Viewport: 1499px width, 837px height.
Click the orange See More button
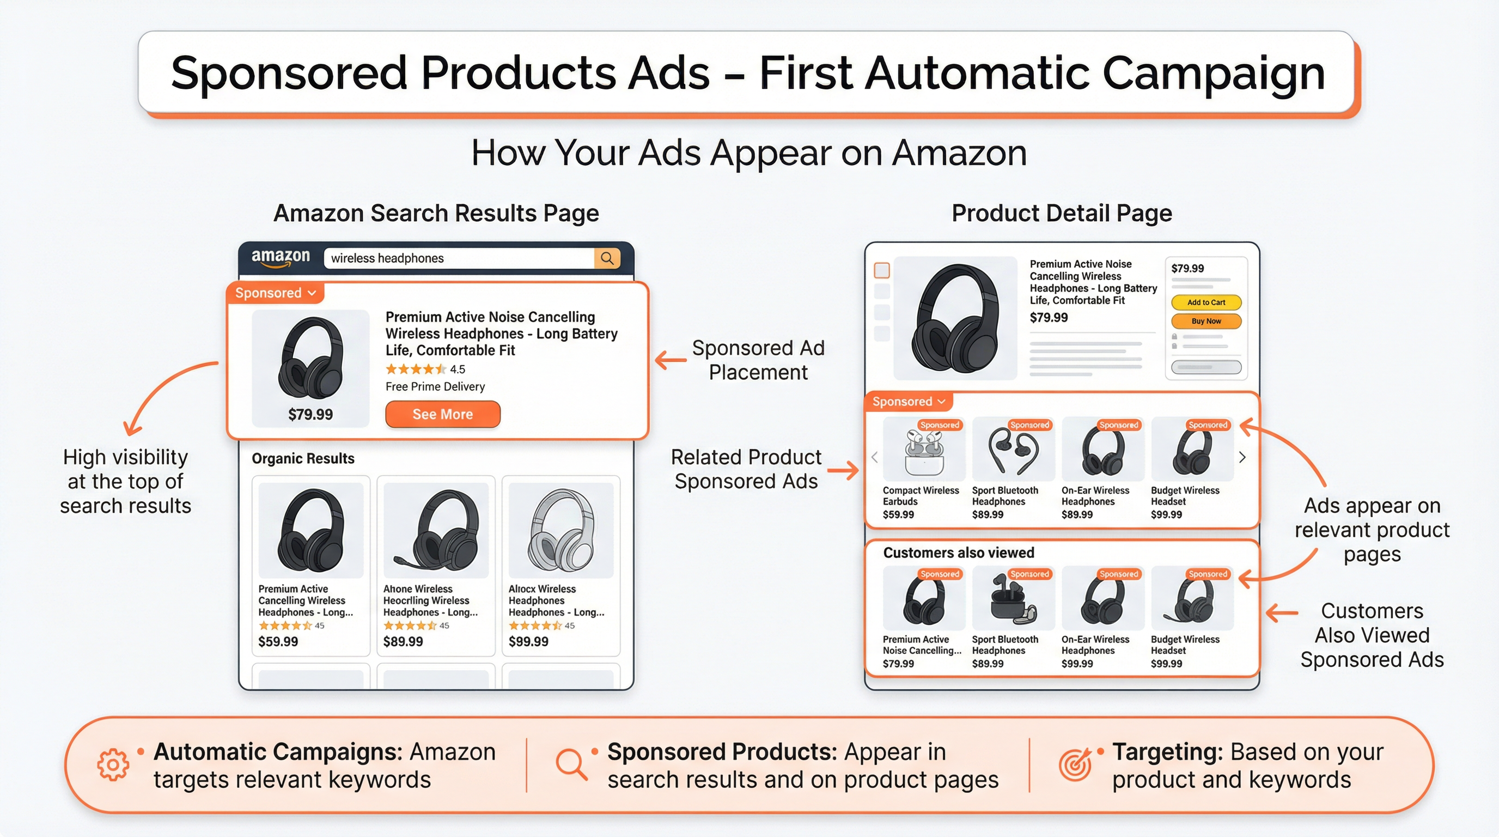[x=442, y=415]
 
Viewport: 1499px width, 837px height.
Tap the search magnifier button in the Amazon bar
[x=607, y=258]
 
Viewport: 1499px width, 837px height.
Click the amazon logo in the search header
[x=281, y=257]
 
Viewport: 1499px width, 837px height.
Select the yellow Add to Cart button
[x=1206, y=302]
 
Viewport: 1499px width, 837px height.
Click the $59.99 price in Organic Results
[x=278, y=641]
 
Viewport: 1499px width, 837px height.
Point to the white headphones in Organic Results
[x=560, y=530]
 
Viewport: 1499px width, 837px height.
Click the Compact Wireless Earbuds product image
[x=923, y=449]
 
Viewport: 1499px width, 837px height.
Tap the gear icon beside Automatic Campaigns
[x=113, y=764]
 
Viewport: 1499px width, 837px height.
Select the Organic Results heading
[x=303, y=459]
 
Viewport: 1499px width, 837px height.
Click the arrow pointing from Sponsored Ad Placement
[x=671, y=360]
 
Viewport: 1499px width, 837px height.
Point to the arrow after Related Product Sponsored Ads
[x=843, y=470]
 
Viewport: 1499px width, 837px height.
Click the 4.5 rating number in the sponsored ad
[x=458, y=369]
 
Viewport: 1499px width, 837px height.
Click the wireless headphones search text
[x=388, y=258]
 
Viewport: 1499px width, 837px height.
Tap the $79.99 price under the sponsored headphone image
[x=310, y=415]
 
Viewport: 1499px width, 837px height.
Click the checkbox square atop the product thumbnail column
[x=882, y=270]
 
